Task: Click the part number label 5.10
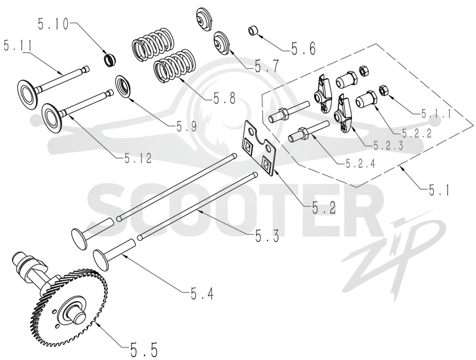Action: point(54,24)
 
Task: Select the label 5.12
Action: point(137,158)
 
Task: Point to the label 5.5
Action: point(144,350)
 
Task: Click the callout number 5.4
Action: point(202,293)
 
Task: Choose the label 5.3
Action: point(267,236)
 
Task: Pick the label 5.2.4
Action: point(361,164)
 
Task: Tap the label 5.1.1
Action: point(436,114)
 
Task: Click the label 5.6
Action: point(303,48)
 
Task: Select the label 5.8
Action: point(224,99)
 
